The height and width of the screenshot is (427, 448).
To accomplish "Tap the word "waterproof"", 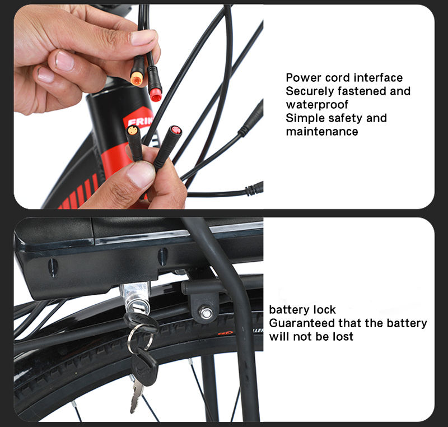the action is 317,105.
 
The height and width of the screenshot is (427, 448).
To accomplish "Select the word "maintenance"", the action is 322,132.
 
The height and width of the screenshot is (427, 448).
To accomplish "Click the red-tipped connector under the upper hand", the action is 155,83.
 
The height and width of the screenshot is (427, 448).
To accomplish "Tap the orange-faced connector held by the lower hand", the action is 134,143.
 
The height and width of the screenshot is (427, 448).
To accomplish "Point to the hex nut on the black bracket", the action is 206,312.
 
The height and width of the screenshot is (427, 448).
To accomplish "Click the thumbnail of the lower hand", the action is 141,174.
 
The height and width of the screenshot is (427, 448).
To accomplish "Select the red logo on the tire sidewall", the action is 225,332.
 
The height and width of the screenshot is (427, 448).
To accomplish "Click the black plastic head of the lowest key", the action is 144,368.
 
